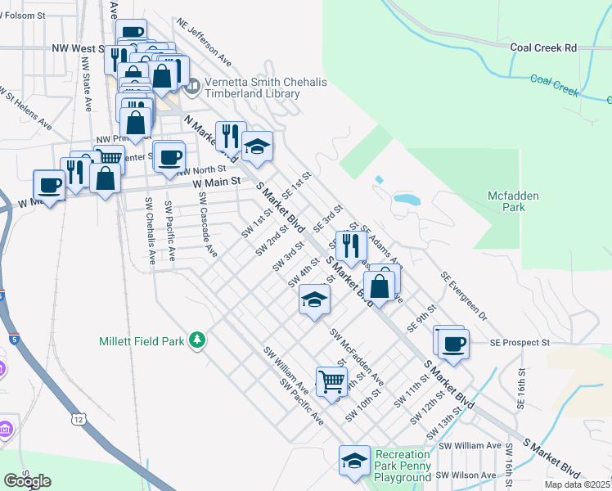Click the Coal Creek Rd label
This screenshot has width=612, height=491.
pyautogui.click(x=543, y=47)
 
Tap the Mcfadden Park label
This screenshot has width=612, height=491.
pyautogui.click(x=517, y=201)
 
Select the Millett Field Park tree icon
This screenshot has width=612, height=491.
pyautogui.click(x=196, y=340)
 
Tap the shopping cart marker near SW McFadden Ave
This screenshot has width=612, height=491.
pyautogui.click(x=331, y=381)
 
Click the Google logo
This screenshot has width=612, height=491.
pyautogui.click(x=27, y=481)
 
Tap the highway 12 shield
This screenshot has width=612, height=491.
pyautogui.click(x=79, y=419)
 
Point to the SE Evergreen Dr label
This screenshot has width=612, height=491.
pyautogui.click(x=463, y=296)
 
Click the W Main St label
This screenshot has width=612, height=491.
pyautogui.click(x=218, y=182)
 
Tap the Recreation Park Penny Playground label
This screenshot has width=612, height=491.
pyautogui.click(x=403, y=465)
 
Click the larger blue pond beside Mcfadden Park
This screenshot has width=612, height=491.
pyautogui.click(x=407, y=198)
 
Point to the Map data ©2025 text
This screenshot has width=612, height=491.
pyautogui.click(x=577, y=484)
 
